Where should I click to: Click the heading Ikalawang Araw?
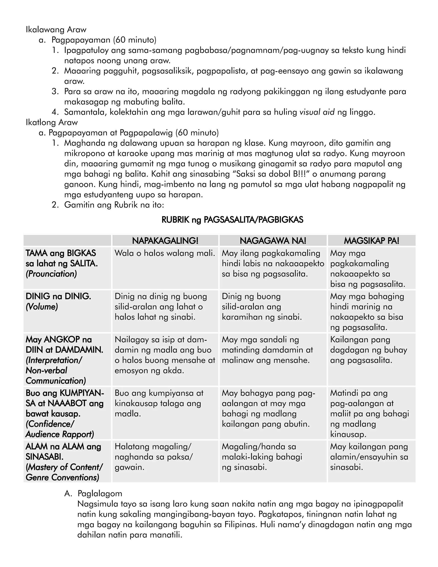click(x=56, y=30)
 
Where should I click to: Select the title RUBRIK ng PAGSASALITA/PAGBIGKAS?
click(x=232, y=220)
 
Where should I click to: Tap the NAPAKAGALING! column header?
click(x=165, y=241)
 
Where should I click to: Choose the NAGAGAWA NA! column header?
click(x=273, y=241)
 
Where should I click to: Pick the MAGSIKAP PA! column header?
click(x=371, y=241)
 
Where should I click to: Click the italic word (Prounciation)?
click(x=51, y=274)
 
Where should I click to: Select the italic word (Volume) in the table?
click(x=41, y=307)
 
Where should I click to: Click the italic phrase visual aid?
click(x=317, y=112)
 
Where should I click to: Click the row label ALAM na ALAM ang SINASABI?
click(x=63, y=451)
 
